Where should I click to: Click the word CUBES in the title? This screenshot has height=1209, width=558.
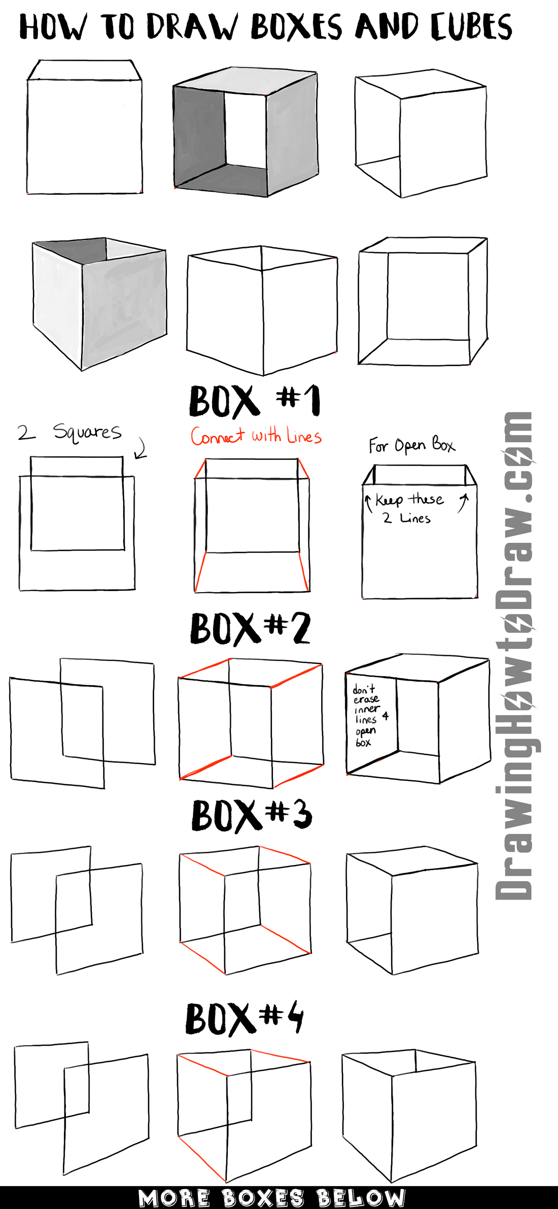[471, 27]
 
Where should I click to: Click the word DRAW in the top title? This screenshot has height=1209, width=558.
[192, 27]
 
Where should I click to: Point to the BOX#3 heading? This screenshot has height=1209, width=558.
[252, 815]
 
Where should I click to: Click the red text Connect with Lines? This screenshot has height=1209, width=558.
[256, 436]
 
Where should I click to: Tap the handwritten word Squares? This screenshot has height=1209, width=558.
[87, 432]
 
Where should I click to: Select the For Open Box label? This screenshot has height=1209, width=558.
[411, 445]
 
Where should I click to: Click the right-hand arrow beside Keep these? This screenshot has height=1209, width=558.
[463, 503]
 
